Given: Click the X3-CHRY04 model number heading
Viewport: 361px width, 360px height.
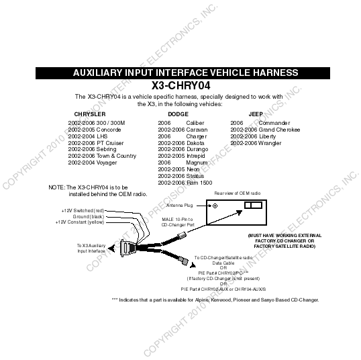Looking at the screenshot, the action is coord(180,85).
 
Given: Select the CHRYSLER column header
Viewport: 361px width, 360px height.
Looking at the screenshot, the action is coord(90,114).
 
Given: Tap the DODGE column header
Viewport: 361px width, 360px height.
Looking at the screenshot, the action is coord(178,114).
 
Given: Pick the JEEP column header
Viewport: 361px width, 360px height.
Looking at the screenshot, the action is coord(256,114).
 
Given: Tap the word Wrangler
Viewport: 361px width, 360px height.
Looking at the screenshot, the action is coord(270,143).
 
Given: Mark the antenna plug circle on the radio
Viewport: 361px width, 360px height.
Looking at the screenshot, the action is coord(215,206).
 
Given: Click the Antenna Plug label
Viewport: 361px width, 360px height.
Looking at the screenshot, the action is coord(180,206).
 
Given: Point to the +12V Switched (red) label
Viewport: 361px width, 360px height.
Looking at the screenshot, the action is coord(83,211).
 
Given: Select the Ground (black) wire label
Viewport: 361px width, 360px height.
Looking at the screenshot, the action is coord(89,217).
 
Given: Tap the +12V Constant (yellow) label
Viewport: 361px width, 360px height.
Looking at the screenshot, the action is coord(80,222).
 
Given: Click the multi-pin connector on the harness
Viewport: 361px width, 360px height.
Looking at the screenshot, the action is coord(127,248).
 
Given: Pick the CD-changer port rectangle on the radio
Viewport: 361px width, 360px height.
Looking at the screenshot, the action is coord(253,205).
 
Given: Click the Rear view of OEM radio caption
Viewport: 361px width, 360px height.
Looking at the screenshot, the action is coord(238,193).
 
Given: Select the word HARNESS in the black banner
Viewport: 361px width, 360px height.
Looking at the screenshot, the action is coord(276,73).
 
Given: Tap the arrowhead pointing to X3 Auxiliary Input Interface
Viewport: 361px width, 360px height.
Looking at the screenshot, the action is coord(111,249).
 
